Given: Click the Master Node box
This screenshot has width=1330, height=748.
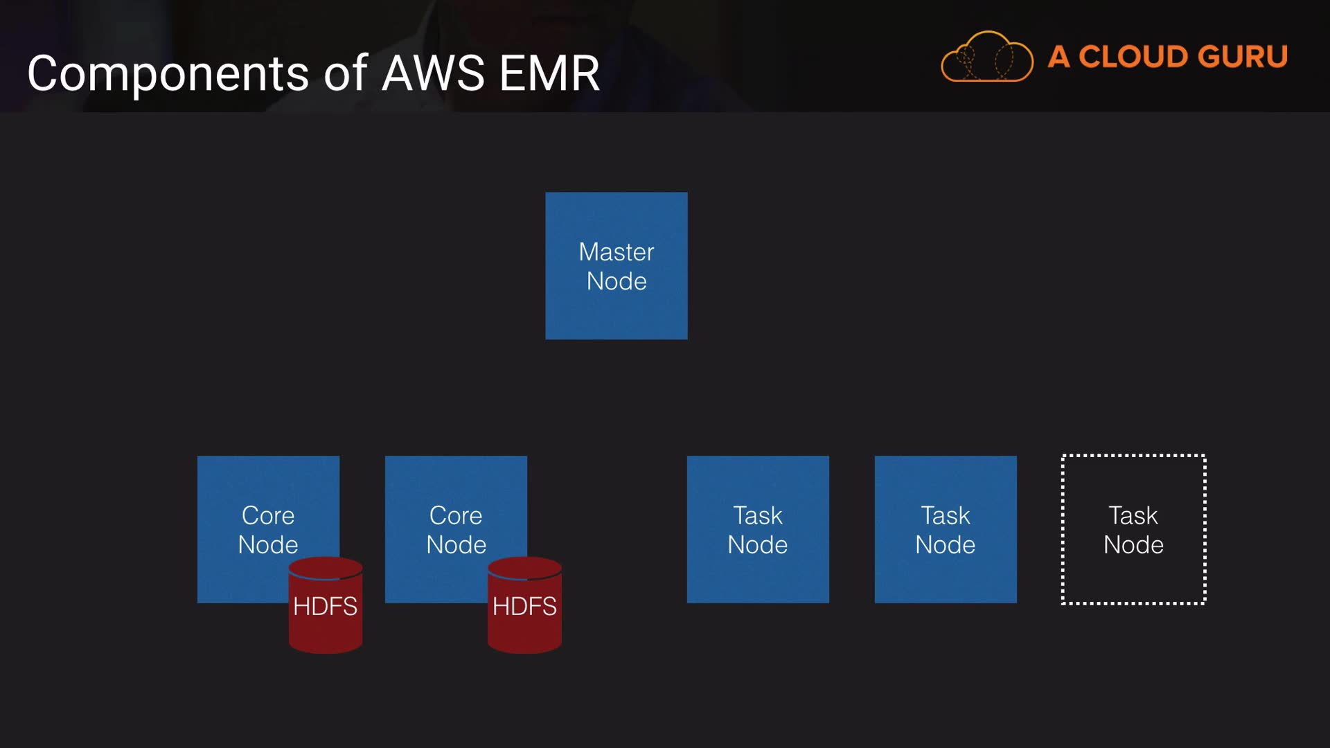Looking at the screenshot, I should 616,266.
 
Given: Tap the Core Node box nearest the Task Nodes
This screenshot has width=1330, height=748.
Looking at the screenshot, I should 455,499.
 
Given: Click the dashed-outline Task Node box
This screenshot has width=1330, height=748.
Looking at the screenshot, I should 1133,530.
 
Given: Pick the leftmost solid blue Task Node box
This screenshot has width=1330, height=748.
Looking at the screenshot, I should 758,530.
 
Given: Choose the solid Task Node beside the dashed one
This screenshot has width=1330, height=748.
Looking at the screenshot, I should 946,530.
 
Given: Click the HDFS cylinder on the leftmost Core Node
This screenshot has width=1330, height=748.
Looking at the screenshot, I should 326,606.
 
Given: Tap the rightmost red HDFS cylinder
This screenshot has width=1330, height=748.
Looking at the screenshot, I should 524,606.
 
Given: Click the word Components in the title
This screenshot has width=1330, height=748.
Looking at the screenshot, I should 168,73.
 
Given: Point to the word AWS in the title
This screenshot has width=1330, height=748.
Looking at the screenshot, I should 433,73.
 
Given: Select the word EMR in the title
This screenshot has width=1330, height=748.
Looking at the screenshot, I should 549,73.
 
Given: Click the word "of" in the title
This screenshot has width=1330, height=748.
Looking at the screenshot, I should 345,73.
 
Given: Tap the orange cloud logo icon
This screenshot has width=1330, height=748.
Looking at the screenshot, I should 986,57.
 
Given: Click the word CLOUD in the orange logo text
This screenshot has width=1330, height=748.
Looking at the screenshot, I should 1133,57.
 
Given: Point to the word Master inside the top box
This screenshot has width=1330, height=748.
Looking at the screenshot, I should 616,252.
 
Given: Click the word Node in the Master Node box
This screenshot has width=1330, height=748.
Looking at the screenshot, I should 617,281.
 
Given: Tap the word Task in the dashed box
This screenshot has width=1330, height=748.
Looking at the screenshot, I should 1133,515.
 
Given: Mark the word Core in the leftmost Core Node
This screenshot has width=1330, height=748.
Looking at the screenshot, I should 268,515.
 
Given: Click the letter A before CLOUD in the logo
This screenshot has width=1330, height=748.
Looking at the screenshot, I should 1058,57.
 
